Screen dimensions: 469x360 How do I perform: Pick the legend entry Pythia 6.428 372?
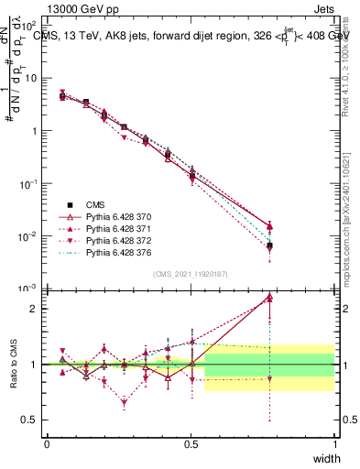[108, 238]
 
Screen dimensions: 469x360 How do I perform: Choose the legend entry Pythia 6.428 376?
[108, 250]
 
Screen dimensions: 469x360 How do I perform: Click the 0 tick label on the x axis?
[47, 443]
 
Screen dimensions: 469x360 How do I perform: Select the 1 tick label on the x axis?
[334, 443]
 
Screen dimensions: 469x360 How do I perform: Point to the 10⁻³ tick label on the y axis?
[30, 289]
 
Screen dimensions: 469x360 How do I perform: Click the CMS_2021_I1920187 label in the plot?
[191, 274]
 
